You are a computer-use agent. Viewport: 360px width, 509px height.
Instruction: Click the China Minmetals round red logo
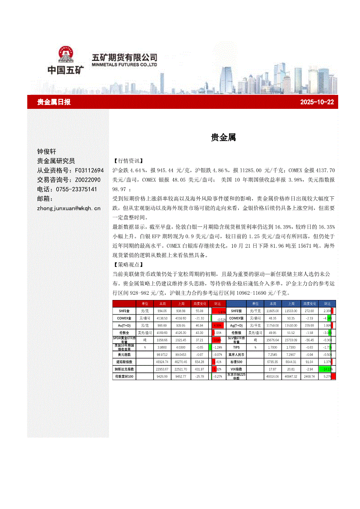coord(65,54)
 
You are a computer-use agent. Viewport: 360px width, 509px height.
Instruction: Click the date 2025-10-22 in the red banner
coord(317,102)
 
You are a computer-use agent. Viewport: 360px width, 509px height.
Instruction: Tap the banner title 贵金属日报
coord(54,102)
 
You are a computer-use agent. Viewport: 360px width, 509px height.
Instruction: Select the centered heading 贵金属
coord(223,138)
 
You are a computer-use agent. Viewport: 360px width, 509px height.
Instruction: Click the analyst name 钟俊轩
coord(47,152)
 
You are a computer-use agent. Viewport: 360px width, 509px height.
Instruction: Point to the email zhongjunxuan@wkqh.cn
coord(69,208)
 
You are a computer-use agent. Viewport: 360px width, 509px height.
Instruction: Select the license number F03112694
coord(89,170)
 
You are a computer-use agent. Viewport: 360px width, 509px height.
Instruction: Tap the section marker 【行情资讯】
coord(128,161)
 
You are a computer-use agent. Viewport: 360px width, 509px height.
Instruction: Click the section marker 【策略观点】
coord(128,264)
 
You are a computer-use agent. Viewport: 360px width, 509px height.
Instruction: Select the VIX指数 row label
coord(237,369)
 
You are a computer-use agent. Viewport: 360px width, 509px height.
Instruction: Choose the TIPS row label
coord(237,347)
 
